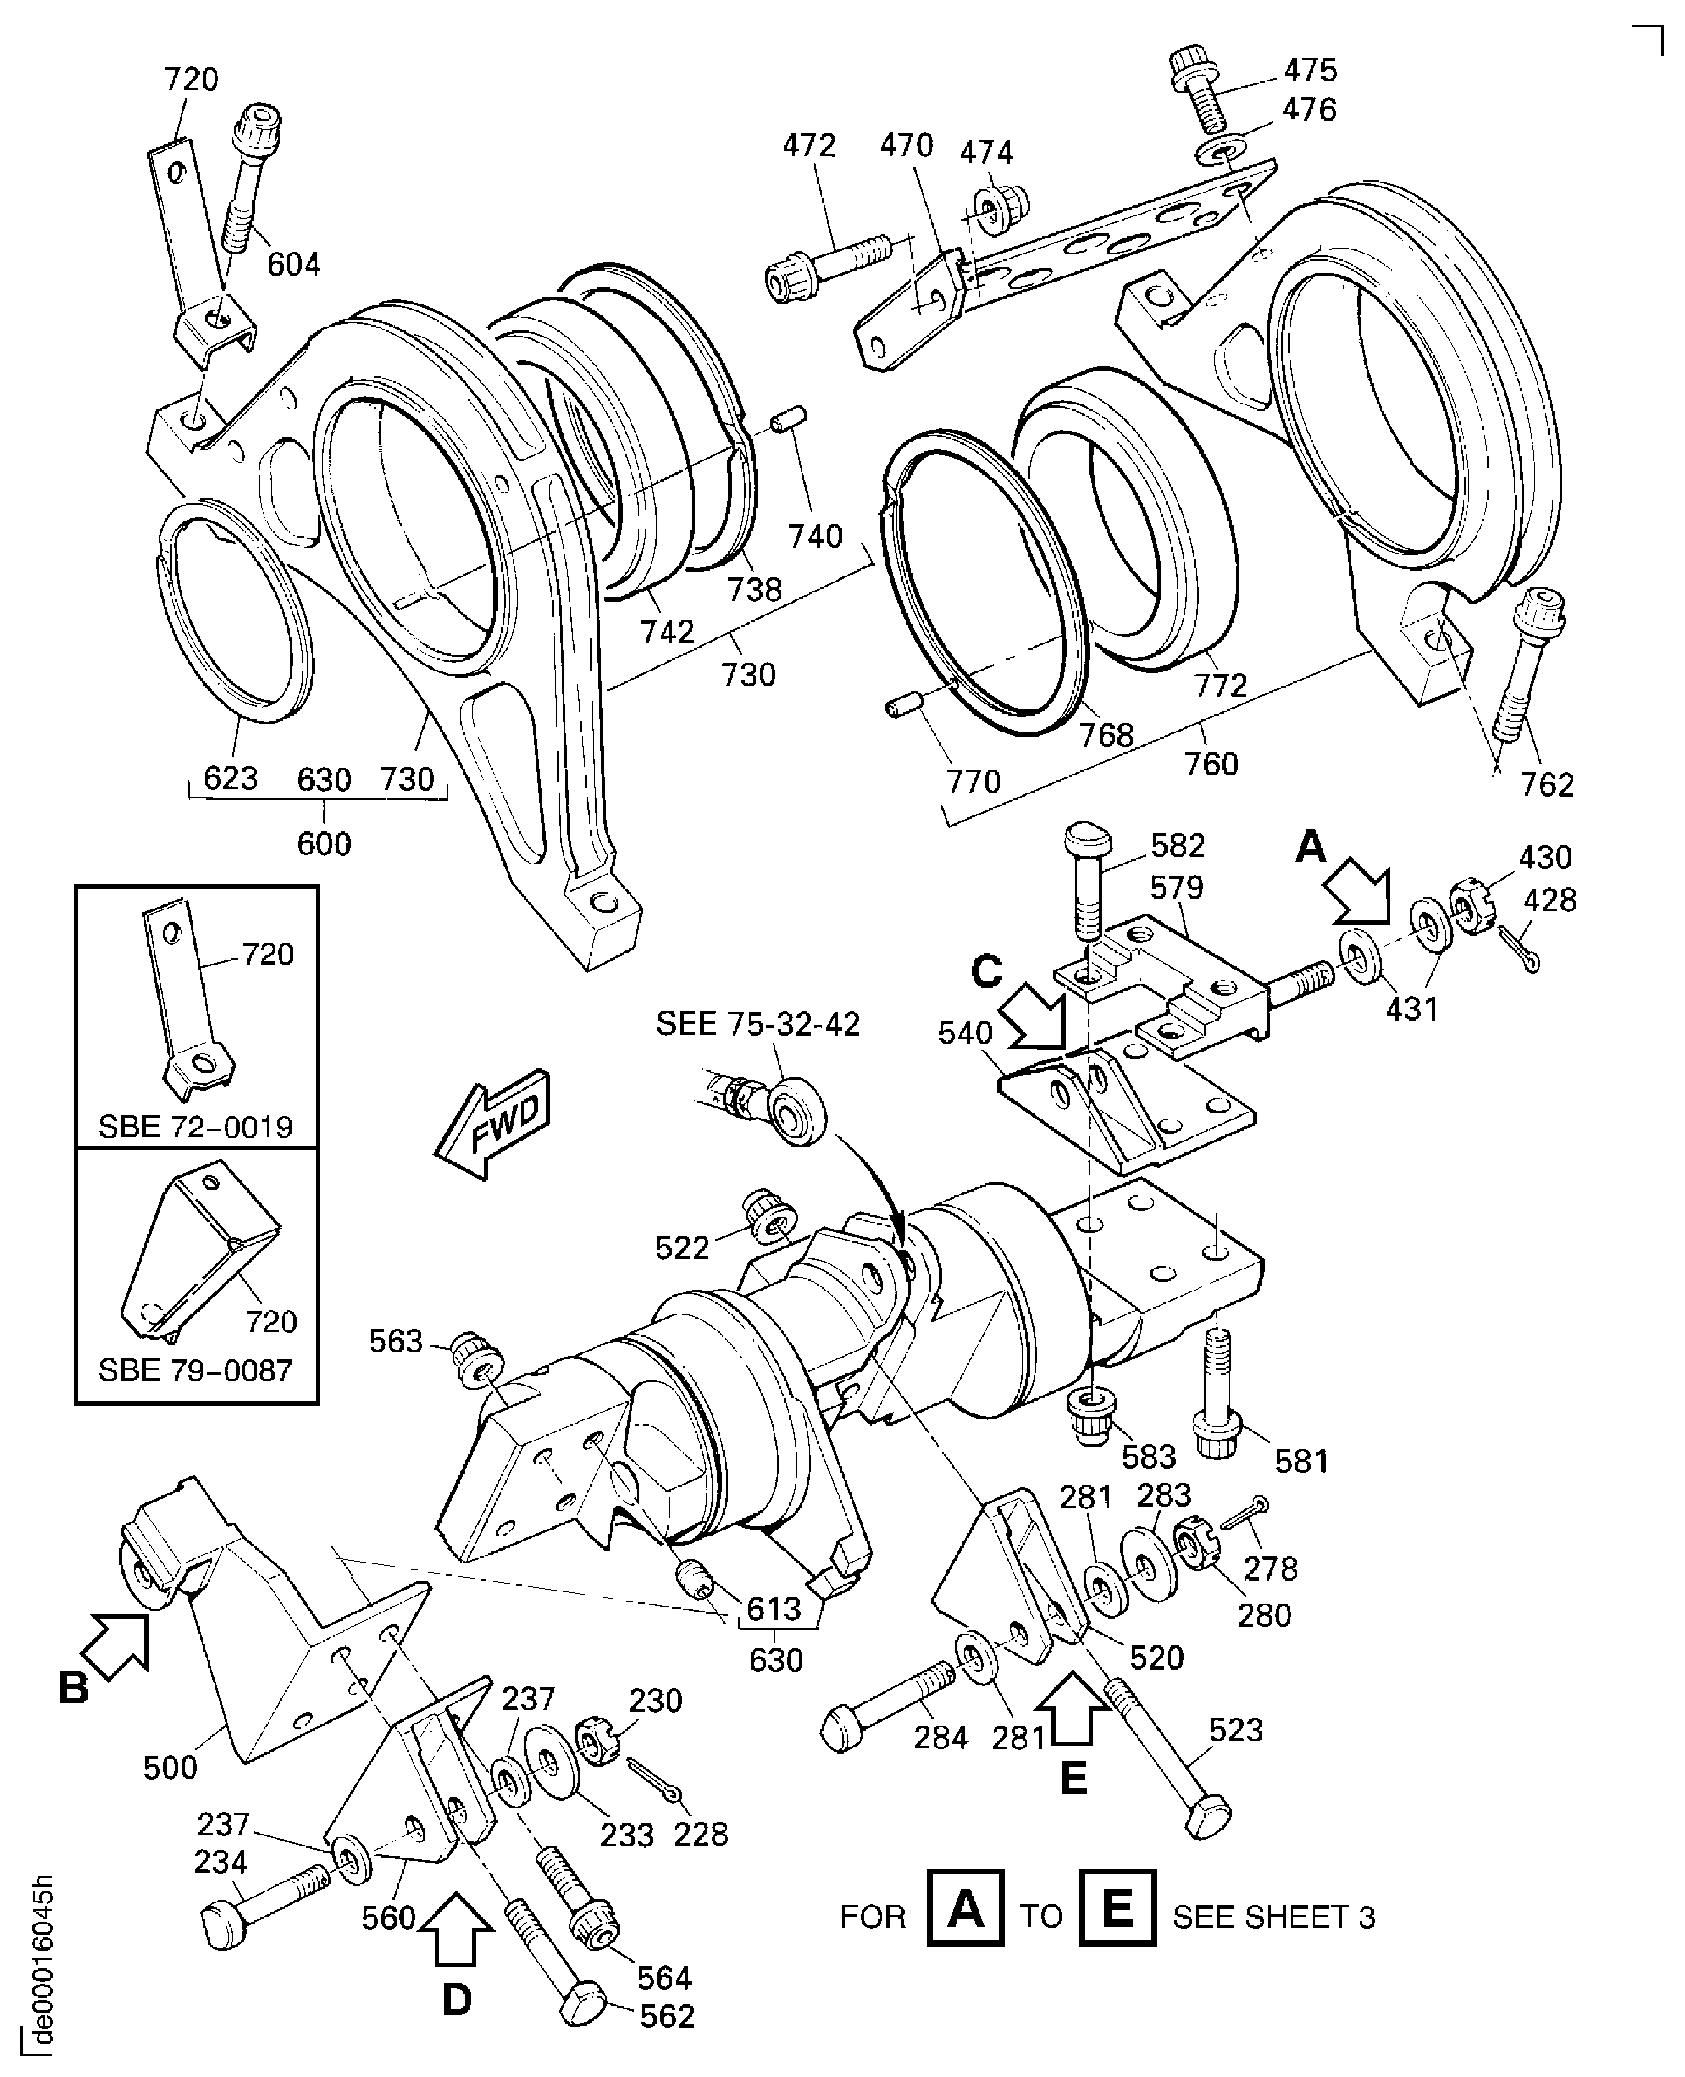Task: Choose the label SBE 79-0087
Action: [x=196, y=1370]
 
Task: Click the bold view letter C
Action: [x=986, y=972]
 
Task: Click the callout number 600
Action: [x=324, y=843]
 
